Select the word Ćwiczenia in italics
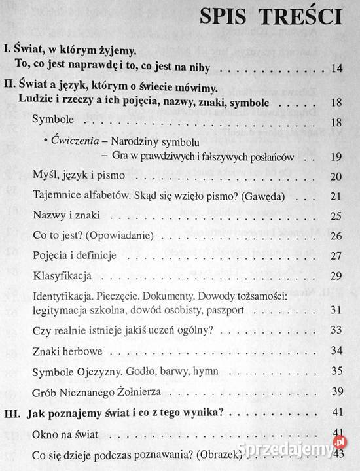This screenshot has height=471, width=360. tap(70, 142)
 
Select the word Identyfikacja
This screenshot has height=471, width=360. tap(64, 296)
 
